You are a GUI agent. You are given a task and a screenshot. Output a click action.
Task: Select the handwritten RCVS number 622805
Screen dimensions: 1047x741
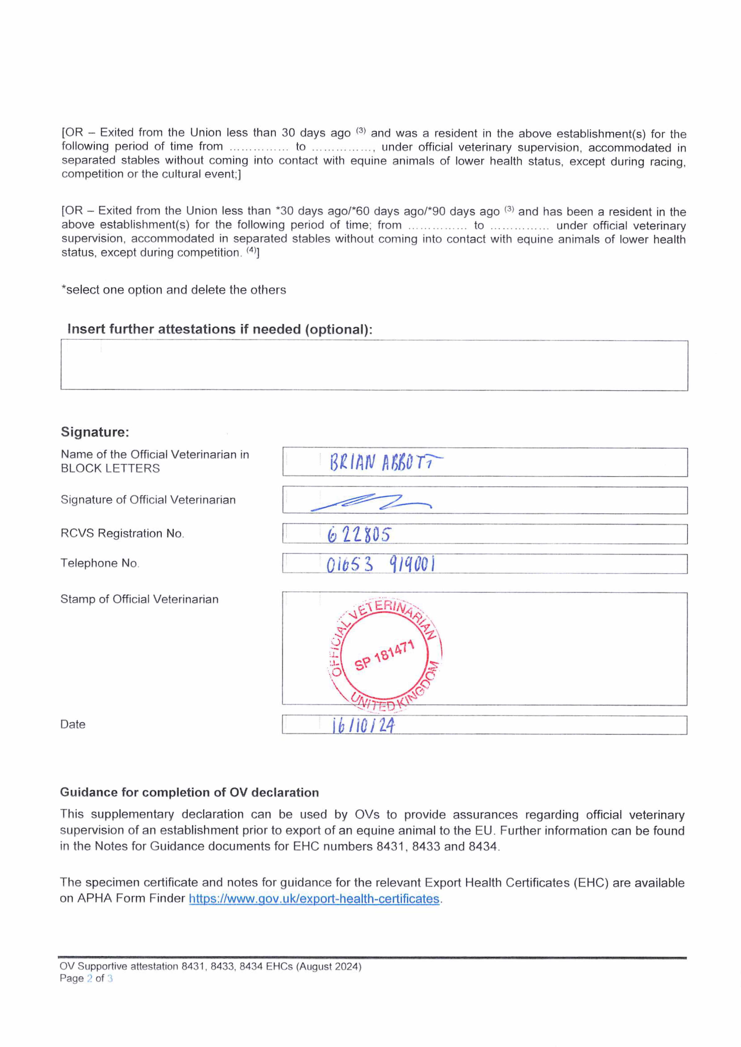pyautogui.click(x=359, y=534)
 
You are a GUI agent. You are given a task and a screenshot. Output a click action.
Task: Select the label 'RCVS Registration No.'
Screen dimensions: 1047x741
pyautogui.click(x=122, y=533)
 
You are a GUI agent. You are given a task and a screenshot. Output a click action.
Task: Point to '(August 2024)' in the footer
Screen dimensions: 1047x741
pyautogui.click(x=329, y=966)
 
